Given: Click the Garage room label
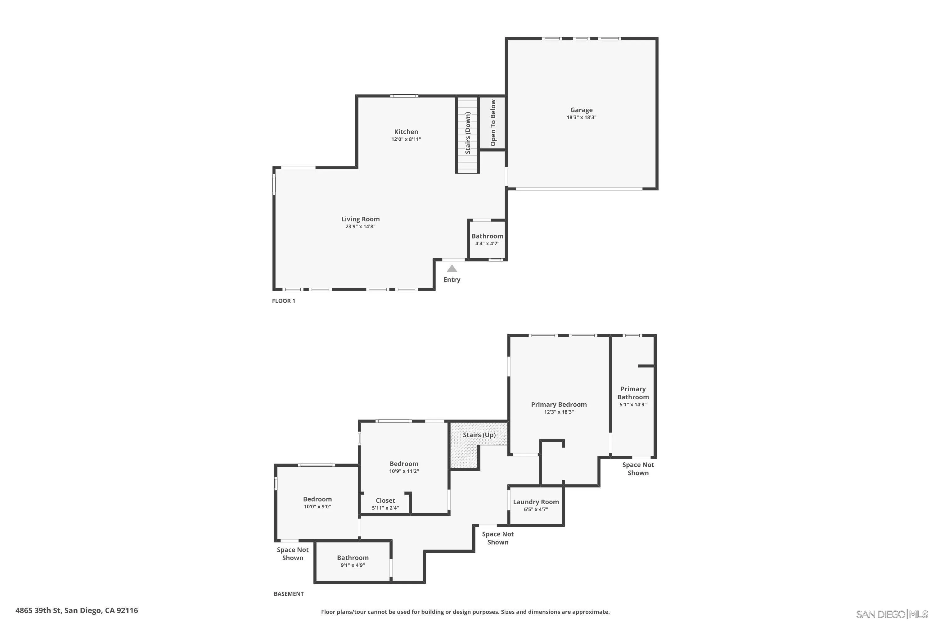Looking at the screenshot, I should point(581,110).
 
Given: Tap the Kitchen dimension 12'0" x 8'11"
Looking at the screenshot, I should point(406,139).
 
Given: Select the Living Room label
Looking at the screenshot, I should point(360,219).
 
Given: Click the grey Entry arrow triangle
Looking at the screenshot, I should point(452,269).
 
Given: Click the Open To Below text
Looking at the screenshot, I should point(493,123).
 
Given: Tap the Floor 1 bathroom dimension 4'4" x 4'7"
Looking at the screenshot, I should point(487,243).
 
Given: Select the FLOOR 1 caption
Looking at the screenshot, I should point(283,301).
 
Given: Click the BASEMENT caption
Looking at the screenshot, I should point(289,594).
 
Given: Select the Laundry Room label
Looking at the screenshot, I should point(536,502).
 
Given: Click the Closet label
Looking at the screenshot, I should point(385,501).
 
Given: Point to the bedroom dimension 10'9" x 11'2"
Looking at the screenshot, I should point(404,471).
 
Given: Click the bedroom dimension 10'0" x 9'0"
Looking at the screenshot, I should point(317,506).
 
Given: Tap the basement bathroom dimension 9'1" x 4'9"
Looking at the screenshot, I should point(352,565).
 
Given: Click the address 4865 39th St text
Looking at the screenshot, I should point(77,610).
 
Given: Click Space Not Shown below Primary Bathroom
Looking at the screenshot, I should point(638,469).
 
